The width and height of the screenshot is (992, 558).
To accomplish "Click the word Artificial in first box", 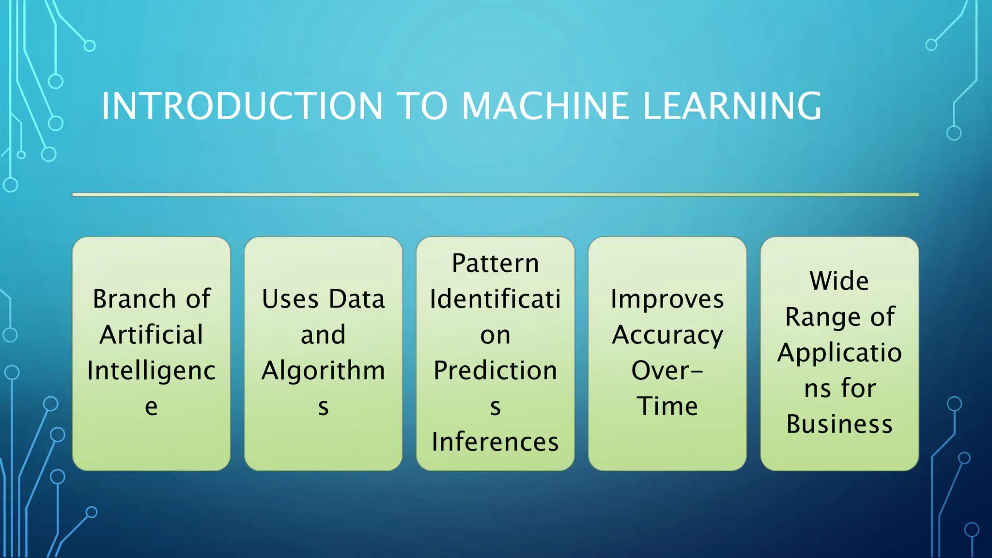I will pyautogui.click(x=151, y=335).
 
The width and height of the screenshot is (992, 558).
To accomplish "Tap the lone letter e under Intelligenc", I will pyautogui.click(x=151, y=406).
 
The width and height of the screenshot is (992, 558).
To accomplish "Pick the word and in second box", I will pyautogui.click(x=323, y=335).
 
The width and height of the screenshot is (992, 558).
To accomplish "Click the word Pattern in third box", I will pyautogui.click(x=495, y=263).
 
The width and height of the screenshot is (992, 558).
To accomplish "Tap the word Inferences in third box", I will pyautogui.click(x=495, y=442).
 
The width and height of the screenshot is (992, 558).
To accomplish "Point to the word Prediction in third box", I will pyautogui.click(x=495, y=371).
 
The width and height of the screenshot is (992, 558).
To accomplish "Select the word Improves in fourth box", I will pyautogui.click(x=667, y=299).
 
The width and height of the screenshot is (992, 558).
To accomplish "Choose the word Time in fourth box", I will pyautogui.click(x=667, y=406).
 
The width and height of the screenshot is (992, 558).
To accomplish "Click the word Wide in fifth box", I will pyautogui.click(x=839, y=281).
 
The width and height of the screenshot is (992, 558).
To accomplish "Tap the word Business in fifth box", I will pyautogui.click(x=839, y=424).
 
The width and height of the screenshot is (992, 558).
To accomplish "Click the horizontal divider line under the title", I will pyautogui.click(x=495, y=195).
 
